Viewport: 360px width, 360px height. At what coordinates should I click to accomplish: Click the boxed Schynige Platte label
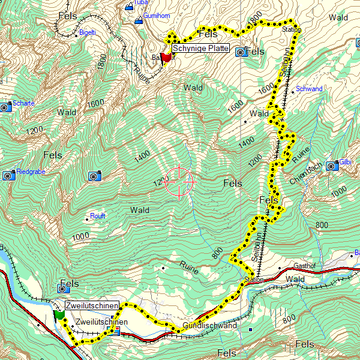[x=200, y=48]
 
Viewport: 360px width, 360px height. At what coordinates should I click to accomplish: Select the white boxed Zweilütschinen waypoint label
[x=91, y=305]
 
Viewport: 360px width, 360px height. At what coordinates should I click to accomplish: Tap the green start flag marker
[x=59, y=315]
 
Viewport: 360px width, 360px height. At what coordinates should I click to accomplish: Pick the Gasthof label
[x=304, y=266]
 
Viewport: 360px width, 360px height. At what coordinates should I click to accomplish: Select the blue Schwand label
[x=309, y=89]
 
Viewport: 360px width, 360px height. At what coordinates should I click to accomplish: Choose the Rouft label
[x=98, y=216]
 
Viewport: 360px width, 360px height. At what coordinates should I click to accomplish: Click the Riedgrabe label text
[x=31, y=172]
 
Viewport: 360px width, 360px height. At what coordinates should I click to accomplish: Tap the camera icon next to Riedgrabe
[x=8, y=175]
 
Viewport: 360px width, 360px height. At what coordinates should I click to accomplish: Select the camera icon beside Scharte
[x=5, y=107]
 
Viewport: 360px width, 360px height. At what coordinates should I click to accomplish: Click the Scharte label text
[x=23, y=103]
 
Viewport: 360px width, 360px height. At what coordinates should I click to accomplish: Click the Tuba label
[x=141, y=2]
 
